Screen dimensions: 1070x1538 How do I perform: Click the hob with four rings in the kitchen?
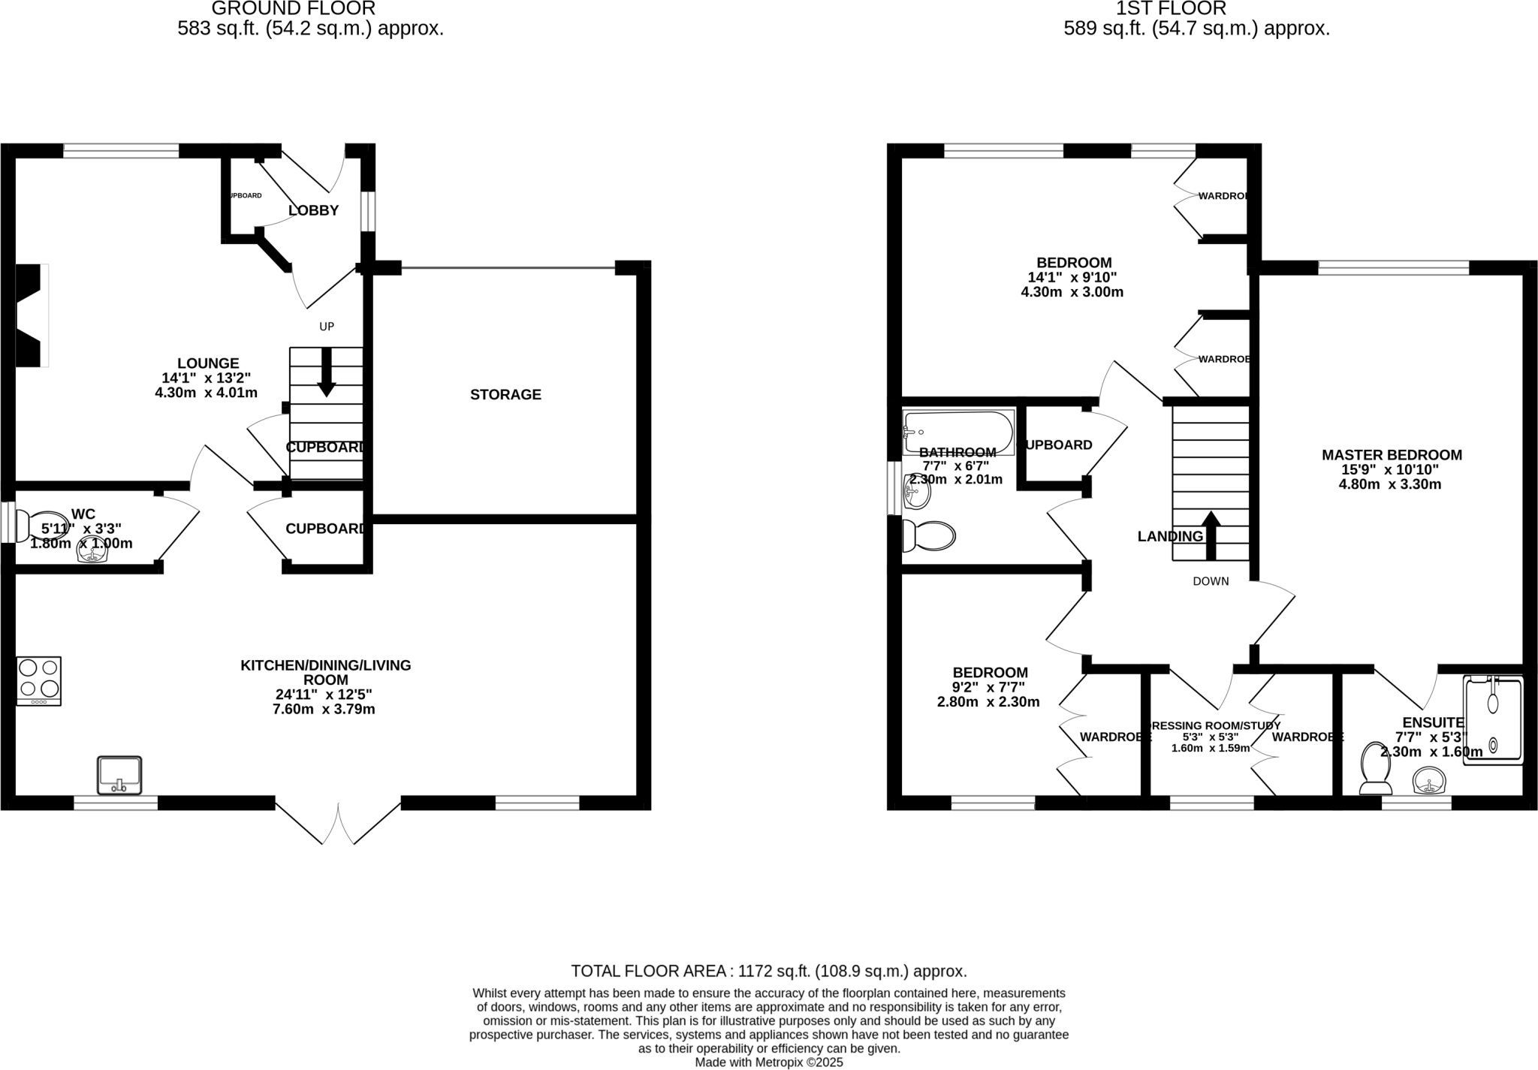click(39, 680)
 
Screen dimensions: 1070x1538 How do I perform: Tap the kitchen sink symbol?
click(119, 776)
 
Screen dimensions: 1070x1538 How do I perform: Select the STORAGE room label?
click(505, 394)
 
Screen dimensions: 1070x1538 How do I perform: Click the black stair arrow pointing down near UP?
click(326, 372)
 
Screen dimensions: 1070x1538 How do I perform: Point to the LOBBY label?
click(314, 210)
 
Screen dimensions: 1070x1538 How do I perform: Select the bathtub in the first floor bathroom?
click(958, 431)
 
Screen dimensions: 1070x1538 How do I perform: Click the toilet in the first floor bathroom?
click(930, 535)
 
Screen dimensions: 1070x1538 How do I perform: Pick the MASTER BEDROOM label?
click(1392, 455)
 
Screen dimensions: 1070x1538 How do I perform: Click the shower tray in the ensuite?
click(1493, 720)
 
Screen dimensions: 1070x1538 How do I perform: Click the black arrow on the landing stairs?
click(1211, 535)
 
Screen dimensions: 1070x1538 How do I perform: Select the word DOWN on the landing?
click(1211, 581)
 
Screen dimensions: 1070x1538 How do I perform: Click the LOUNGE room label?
click(208, 363)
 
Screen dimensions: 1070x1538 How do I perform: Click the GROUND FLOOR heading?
click(294, 9)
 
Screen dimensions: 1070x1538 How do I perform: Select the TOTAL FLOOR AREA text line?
click(768, 971)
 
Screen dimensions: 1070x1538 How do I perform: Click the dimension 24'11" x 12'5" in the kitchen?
click(324, 695)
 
